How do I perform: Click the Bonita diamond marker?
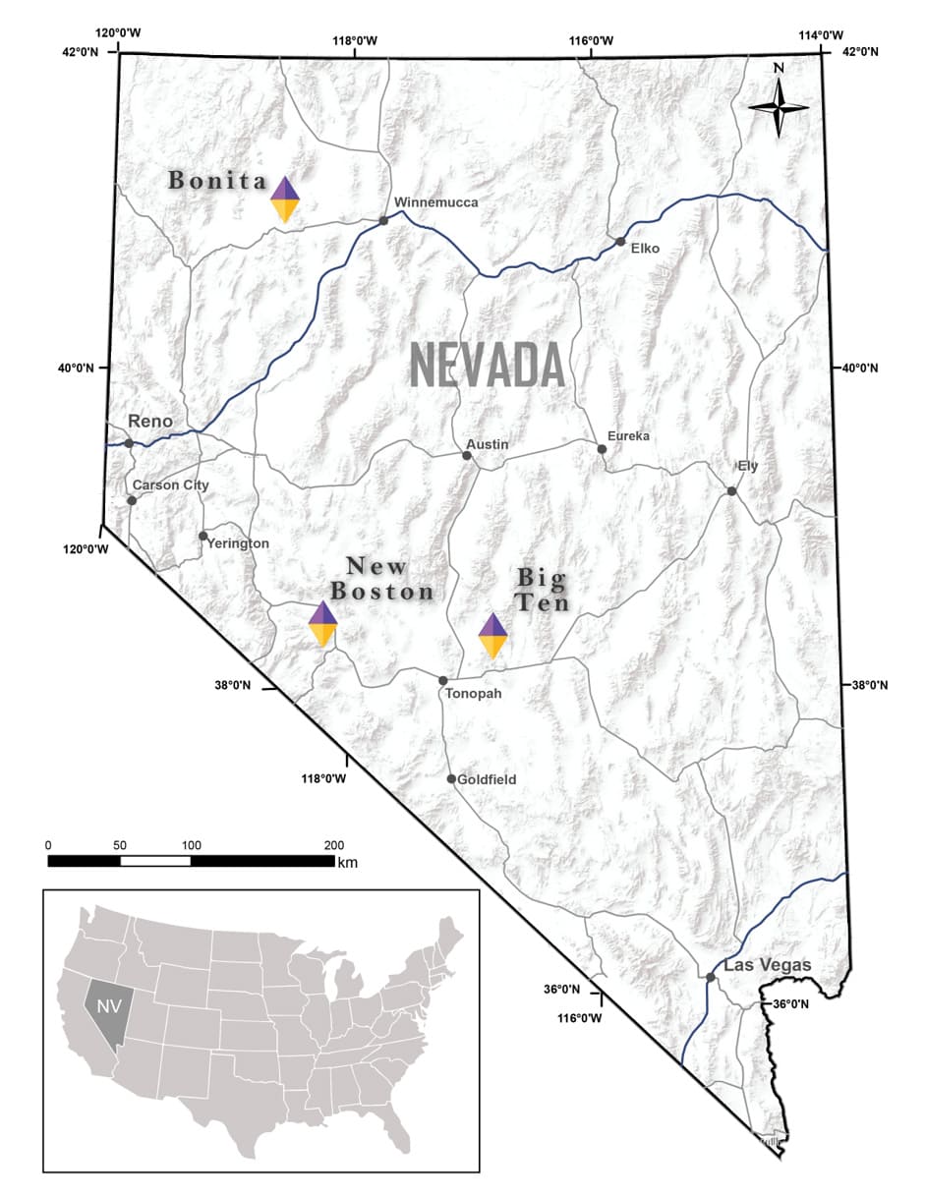tap(285, 199)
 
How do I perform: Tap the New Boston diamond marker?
tap(323, 623)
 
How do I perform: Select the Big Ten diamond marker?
tap(492, 636)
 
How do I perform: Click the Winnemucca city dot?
tap(383, 220)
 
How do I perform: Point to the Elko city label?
tap(645, 248)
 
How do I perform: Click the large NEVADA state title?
tap(487, 366)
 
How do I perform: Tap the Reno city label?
tap(150, 422)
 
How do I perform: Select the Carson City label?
tap(170, 485)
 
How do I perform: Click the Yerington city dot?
tap(202, 536)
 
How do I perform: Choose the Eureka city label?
tap(628, 435)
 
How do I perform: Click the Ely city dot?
tap(731, 490)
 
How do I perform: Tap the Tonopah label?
tap(473, 694)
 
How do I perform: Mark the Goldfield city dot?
tap(451, 779)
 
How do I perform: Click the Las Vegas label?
tap(767, 966)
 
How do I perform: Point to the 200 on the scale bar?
tap(334, 845)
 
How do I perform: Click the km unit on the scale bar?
tap(347, 863)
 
